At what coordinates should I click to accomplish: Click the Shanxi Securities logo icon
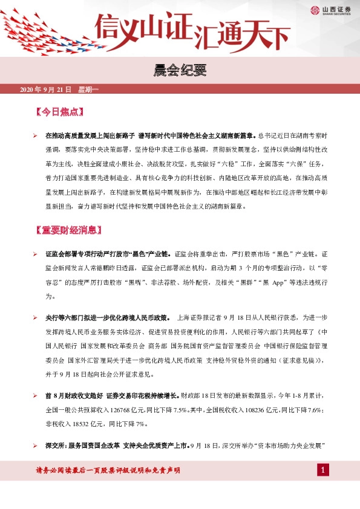click(x=315, y=10)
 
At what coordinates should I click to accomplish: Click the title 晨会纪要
click(x=180, y=72)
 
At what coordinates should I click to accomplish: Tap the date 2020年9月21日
click(x=46, y=90)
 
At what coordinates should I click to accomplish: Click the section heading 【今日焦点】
click(x=59, y=112)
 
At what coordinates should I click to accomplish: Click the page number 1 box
click(x=323, y=470)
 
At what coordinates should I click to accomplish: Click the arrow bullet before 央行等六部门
click(x=36, y=317)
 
